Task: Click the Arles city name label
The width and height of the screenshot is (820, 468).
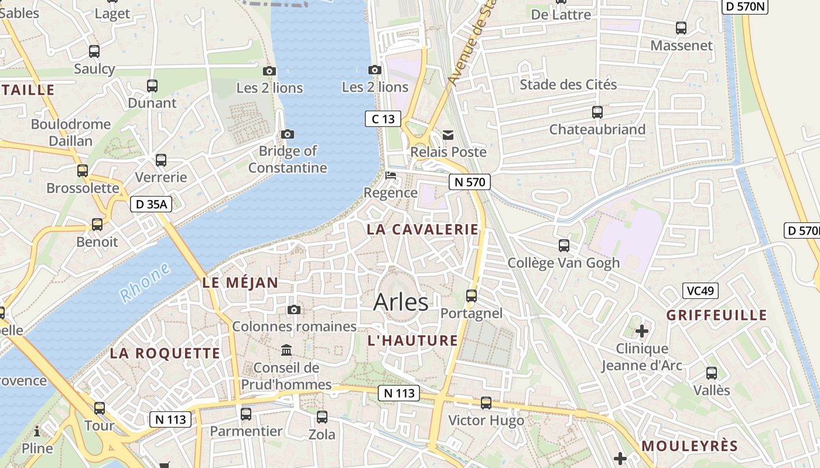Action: pyautogui.click(x=401, y=302)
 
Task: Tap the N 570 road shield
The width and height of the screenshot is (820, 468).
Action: pyautogui.click(x=470, y=182)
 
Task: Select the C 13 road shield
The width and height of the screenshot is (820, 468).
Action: pyautogui.click(x=383, y=119)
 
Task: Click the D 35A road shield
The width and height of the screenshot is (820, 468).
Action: pyautogui.click(x=151, y=204)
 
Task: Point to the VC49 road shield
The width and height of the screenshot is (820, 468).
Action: pyautogui.click(x=701, y=291)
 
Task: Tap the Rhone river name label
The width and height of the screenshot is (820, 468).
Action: pyautogui.click(x=146, y=283)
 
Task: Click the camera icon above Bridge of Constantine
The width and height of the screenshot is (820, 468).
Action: pyautogui.click(x=288, y=134)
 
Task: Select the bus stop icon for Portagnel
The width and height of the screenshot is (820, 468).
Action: pyautogui.click(x=471, y=295)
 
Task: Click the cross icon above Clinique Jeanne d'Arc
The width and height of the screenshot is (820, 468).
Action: pyautogui.click(x=642, y=331)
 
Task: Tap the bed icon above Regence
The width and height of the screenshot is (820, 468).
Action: pyautogui.click(x=391, y=175)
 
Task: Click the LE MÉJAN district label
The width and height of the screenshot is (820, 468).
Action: pyautogui.click(x=240, y=283)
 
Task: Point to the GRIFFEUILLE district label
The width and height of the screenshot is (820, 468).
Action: pyautogui.click(x=717, y=315)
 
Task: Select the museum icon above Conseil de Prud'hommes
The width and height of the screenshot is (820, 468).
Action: pyautogui.click(x=286, y=350)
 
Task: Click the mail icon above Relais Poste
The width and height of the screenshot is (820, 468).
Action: pyautogui.click(x=448, y=135)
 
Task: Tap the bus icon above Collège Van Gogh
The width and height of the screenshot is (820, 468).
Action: pyautogui.click(x=564, y=245)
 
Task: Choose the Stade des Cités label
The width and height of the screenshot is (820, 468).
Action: pyautogui.click(x=568, y=84)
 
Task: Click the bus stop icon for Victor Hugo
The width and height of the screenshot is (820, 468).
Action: pyautogui.click(x=486, y=402)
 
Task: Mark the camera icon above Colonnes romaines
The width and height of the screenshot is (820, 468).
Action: pyautogui.click(x=294, y=309)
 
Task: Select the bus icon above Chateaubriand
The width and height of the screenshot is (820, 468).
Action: pyautogui.click(x=597, y=112)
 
